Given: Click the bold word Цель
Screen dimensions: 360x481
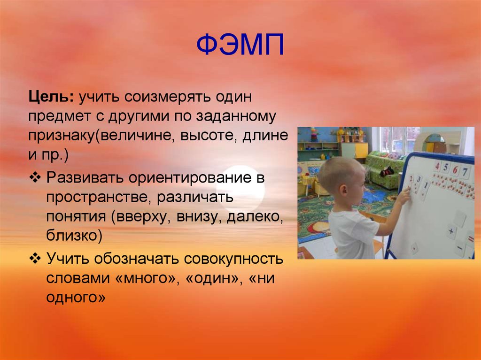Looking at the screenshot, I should [x=49, y=99].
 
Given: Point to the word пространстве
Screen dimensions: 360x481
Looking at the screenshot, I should [x=96, y=198].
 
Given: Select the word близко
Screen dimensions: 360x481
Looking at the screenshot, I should [x=73, y=235].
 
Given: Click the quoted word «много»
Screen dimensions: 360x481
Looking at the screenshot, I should [x=146, y=278].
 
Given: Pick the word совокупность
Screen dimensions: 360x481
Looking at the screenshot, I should [x=234, y=259].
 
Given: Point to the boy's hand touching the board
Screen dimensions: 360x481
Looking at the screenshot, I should [x=404, y=193].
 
